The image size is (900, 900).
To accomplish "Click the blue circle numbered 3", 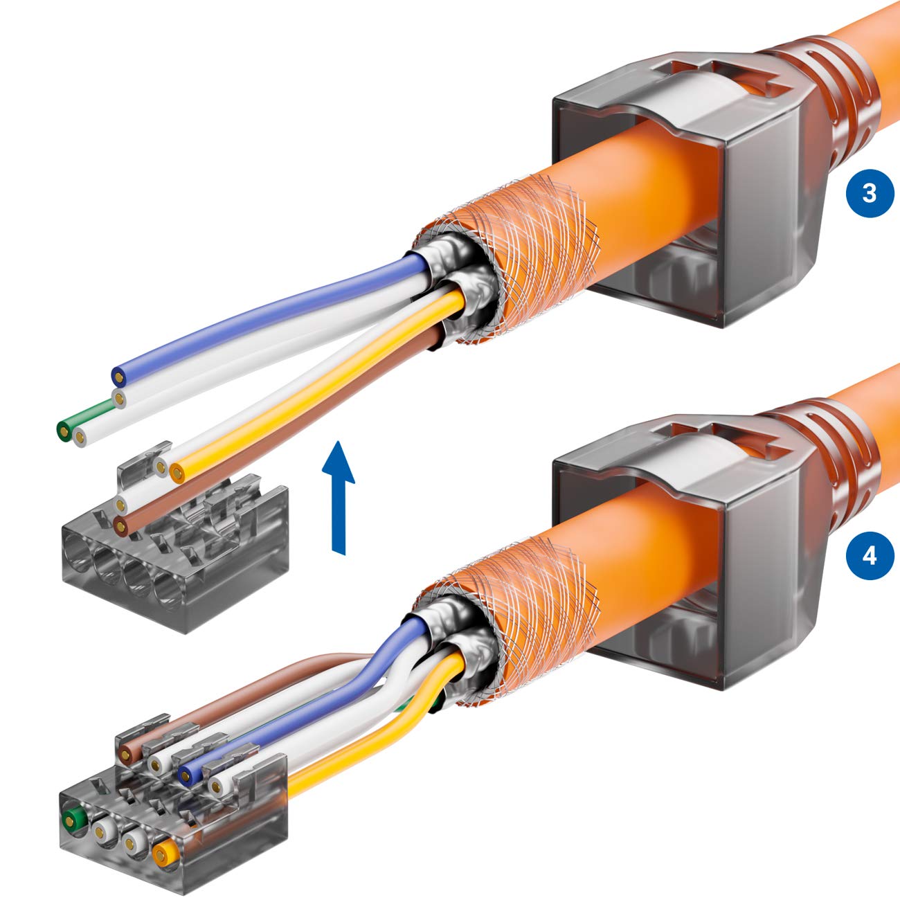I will (x=870, y=193).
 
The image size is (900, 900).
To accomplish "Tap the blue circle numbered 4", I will (x=870, y=555).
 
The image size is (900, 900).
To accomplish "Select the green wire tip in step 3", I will (x=65, y=431).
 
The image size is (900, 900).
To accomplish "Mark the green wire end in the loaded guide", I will (x=70, y=822).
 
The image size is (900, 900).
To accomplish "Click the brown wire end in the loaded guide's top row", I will (x=127, y=754).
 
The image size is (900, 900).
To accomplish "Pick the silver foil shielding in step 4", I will (x=450, y=623).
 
